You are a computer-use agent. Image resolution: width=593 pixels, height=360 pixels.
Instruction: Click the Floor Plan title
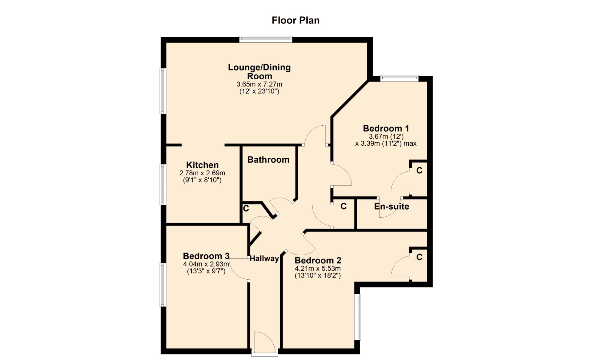(x=296, y=20)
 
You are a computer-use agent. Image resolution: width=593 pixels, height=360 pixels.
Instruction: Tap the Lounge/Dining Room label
(x=259, y=72)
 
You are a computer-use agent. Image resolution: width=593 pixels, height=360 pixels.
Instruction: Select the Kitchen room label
(x=202, y=165)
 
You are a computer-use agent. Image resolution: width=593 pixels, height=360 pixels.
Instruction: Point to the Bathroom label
(x=268, y=160)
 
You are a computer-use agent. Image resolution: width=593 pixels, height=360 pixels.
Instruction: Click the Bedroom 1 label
(x=386, y=128)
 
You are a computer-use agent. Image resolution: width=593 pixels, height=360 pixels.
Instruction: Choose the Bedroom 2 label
(x=318, y=261)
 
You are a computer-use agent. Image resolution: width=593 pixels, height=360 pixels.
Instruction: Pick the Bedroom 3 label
(x=206, y=256)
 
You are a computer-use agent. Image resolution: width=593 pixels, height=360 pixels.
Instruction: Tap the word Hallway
(x=264, y=259)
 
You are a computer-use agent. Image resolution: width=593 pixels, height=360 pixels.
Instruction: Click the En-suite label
(x=392, y=207)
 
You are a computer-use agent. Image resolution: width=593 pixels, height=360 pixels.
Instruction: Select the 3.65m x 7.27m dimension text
(x=259, y=84)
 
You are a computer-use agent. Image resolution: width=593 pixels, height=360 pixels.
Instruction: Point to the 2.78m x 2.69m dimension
(x=202, y=173)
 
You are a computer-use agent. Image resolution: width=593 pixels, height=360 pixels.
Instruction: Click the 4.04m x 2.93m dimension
(x=206, y=264)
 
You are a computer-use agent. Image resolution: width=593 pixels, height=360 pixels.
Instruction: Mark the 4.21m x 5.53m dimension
(x=318, y=269)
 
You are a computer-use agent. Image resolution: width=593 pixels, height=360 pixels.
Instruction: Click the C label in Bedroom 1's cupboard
(x=419, y=170)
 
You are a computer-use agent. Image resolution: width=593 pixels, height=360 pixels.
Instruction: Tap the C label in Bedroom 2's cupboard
(x=419, y=257)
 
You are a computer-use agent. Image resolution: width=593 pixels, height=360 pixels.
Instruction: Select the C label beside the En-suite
(x=343, y=206)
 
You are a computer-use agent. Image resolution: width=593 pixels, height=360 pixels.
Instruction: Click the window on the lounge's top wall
(x=266, y=39)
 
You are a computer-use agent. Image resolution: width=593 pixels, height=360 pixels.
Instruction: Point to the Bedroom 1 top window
(x=399, y=78)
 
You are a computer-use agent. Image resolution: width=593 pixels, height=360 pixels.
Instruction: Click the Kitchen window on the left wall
(x=163, y=185)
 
